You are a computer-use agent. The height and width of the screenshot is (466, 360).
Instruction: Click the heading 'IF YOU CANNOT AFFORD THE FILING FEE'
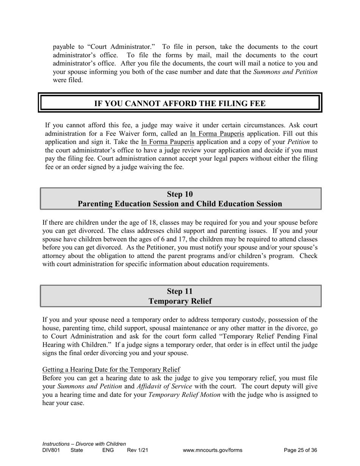(x=180, y=103)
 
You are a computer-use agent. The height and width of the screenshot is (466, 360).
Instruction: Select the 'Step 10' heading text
(x=180, y=194)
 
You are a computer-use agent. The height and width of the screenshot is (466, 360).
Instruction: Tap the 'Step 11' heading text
(x=180, y=291)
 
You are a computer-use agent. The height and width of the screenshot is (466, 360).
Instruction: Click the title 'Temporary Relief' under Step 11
(x=180, y=301)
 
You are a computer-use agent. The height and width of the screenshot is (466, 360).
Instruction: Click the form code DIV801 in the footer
(x=51, y=450)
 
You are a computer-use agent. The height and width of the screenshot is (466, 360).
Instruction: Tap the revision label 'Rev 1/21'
(x=138, y=450)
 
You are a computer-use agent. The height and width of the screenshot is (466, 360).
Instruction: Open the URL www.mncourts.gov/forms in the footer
(x=212, y=450)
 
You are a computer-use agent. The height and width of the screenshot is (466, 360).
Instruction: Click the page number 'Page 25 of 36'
(x=300, y=450)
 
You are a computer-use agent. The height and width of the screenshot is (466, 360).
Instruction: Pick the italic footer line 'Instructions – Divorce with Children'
(x=84, y=444)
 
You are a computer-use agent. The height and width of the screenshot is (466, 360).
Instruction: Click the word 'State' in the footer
(x=77, y=450)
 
